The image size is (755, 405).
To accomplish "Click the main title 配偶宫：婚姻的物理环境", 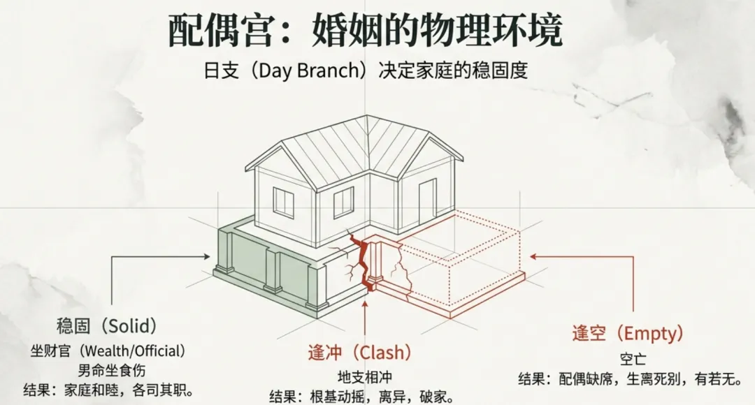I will tap(366, 31).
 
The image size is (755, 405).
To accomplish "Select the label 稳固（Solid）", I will tap(106, 327).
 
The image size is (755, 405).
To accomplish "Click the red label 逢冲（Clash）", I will tap(359, 352).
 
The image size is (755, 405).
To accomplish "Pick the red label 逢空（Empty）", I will tap(627, 334).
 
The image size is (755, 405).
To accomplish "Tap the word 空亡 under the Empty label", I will tap(633, 359).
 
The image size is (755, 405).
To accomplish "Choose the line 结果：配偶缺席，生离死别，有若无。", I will tap(629, 380).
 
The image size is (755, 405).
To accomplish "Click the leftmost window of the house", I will tap(283, 202).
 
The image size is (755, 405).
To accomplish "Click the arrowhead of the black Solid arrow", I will tap(207, 257).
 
